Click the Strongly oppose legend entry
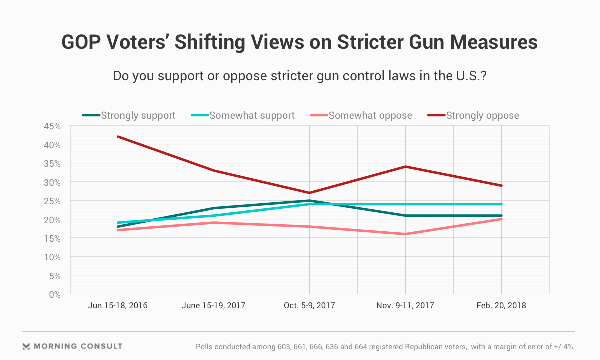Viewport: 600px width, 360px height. (482, 116)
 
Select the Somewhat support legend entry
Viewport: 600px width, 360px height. (252, 116)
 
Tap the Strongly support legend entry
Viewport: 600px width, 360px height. (138, 116)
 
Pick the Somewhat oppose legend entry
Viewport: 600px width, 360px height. (370, 116)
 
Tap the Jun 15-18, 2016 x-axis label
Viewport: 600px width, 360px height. (118, 305)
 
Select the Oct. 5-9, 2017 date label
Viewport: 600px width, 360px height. (310, 305)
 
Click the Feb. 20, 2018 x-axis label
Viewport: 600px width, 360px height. (501, 305)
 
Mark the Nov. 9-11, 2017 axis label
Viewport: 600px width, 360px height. (405, 305)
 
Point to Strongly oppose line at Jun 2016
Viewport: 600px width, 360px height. (118, 137)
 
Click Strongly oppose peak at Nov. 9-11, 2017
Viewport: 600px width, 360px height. (405, 167)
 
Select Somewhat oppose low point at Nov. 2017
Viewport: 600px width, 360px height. (405, 234)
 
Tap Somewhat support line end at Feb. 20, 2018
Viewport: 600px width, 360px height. (501, 204)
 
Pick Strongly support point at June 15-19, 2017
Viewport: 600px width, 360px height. (214, 208)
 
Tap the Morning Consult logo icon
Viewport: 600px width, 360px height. (27, 346)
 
